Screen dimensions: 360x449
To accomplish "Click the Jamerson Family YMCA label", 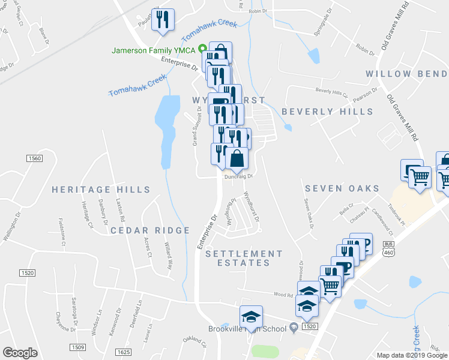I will pyautogui.click(x=155, y=50).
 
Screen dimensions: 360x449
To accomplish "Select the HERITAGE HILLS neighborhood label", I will pyautogui.click(x=101, y=190).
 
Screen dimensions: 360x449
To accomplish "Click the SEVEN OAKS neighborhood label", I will pyautogui.click(x=342, y=188).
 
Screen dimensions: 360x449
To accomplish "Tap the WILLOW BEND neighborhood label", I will pyautogui.click(x=406, y=74).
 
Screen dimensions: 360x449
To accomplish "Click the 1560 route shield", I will pyautogui.click(x=35, y=158).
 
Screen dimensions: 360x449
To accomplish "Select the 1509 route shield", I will pyautogui.click(x=77, y=347).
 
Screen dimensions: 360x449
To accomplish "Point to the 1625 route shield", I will pyautogui.click(x=123, y=352).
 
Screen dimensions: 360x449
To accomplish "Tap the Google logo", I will pyautogui.click(x=20, y=353).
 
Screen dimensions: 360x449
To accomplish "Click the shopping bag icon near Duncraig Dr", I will pyautogui.click(x=237, y=158).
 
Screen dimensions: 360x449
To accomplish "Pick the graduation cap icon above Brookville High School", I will pyautogui.click(x=251, y=316).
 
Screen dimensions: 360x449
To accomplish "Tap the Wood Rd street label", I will pyautogui.click(x=282, y=295).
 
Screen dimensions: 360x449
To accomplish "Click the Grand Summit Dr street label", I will pyautogui.click(x=195, y=126).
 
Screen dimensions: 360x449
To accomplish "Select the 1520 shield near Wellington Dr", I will pyautogui.click(x=26, y=272).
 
